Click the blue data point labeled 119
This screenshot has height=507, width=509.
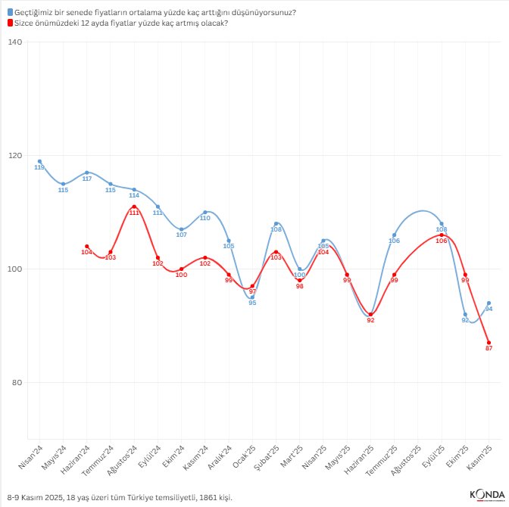(x=39, y=161)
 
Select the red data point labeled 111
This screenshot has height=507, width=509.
(x=134, y=207)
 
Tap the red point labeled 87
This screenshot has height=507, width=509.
(x=489, y=343)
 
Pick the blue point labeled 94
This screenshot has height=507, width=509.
(x=489, y=303)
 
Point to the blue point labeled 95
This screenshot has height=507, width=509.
(x=252, y=297)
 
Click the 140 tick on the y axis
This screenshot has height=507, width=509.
(x=15, y=42)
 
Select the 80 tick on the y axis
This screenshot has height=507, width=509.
(x=17, y=382)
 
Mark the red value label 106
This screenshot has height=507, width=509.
(x=442, y=241)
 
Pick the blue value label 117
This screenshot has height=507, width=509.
(x=87, y=179)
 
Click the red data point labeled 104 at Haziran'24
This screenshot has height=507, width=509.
(x=87, y=246)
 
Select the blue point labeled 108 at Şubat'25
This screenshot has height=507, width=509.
(x=276, y=223)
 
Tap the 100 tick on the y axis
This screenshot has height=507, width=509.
(x=15, y=269)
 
